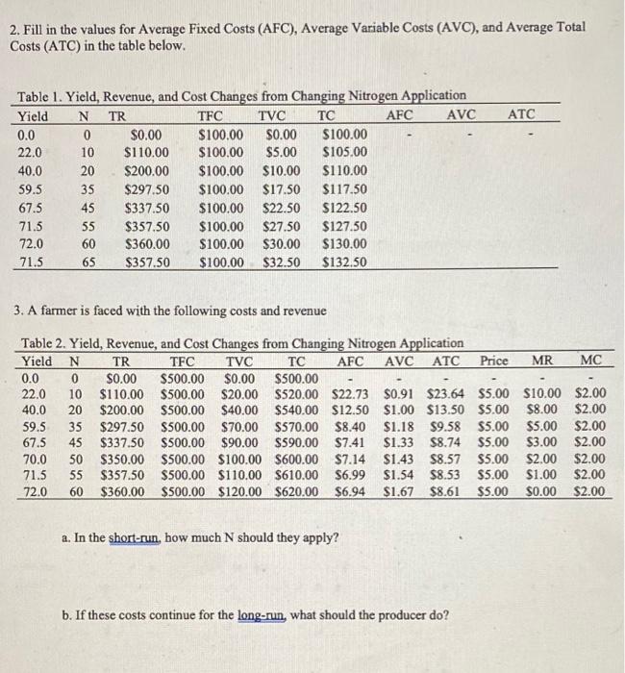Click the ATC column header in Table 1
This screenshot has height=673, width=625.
tap(521, 114)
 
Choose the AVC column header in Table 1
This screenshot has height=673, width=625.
tap(462, 114)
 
